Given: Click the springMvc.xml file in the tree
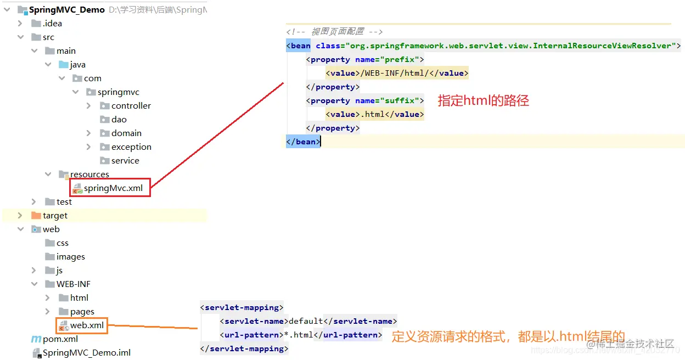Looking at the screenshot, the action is [113, 188].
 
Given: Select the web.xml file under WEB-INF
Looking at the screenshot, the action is [87, 325].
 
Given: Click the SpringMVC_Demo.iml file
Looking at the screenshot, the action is [87, 353].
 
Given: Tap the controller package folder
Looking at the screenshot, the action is [131, 106].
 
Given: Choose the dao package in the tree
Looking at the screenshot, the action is [119, 120].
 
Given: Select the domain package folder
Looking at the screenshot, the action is [126, 133].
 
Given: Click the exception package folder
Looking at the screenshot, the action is [131, 147].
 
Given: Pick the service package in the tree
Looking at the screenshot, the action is [125, 161].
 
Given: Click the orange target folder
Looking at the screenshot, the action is [55, 216].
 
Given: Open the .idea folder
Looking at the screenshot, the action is [52, 24].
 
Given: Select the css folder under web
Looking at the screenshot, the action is [62, 243].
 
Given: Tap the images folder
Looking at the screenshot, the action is [70, 257].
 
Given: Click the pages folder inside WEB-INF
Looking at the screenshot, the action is [82, 312].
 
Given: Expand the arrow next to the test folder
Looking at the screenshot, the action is [34, 202].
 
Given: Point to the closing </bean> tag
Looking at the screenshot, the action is [302, 142].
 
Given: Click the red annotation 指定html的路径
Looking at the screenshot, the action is [483, 100].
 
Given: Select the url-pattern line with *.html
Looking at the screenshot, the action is [300, 335].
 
